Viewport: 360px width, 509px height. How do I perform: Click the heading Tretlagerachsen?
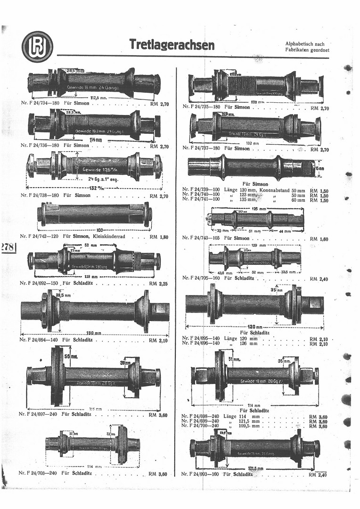click(172, 45)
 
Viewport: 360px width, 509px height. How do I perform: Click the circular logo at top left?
click(37, 46)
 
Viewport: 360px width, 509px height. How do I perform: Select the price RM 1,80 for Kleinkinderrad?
click(159, 237)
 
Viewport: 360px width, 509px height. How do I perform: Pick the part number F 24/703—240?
click(40, 473)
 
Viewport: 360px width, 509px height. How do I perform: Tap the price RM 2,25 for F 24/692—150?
click(159, 284)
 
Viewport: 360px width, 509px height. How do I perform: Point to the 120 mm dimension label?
click(255, 327)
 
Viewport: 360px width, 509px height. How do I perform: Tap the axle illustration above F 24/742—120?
click(94, 214)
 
